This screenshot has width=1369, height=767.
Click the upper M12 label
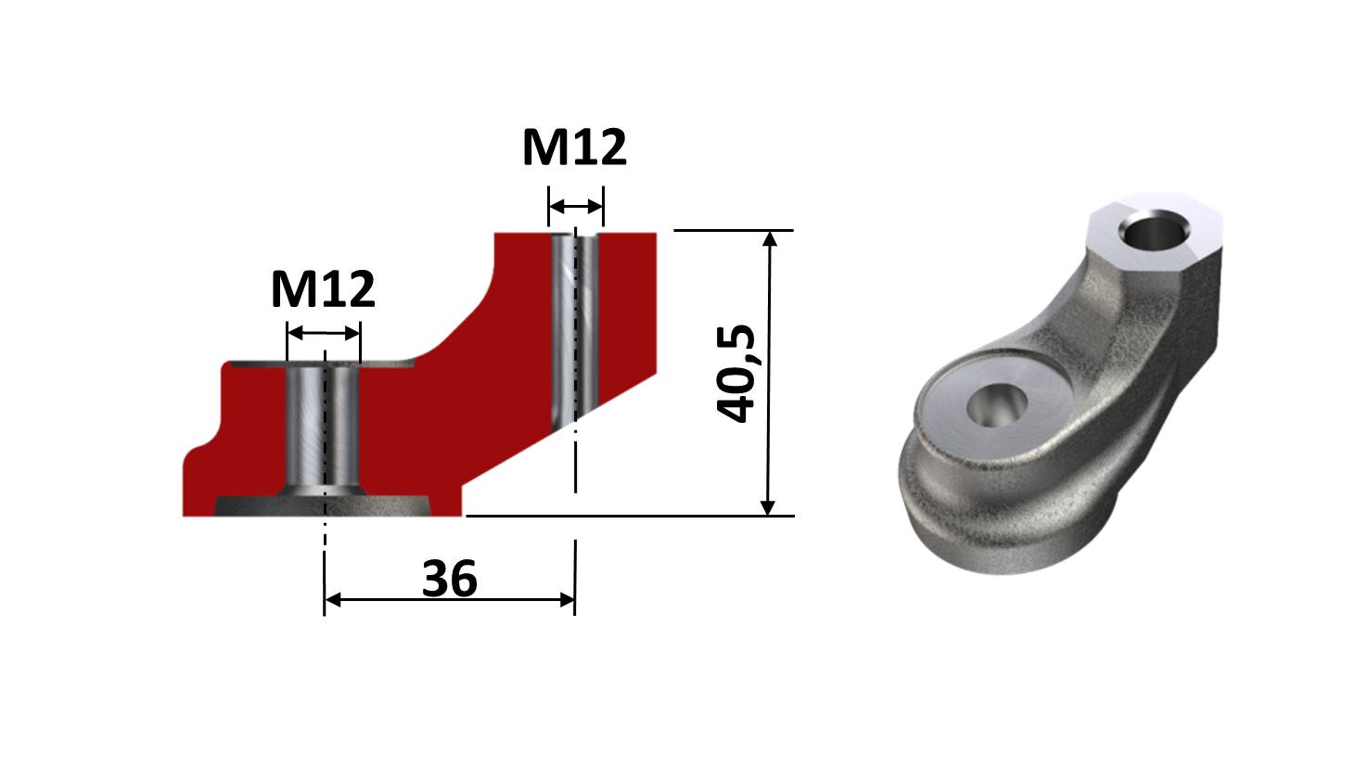pos(574,147)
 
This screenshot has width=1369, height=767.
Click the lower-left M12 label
pos(323,290)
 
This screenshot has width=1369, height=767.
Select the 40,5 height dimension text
pos(737,373)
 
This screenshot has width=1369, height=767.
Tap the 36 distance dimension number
pos(450,579)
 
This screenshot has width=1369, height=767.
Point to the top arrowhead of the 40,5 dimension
pos(768,239)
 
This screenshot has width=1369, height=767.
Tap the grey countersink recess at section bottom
pos(324,505)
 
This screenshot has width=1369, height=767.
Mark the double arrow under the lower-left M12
pos(323,333)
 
